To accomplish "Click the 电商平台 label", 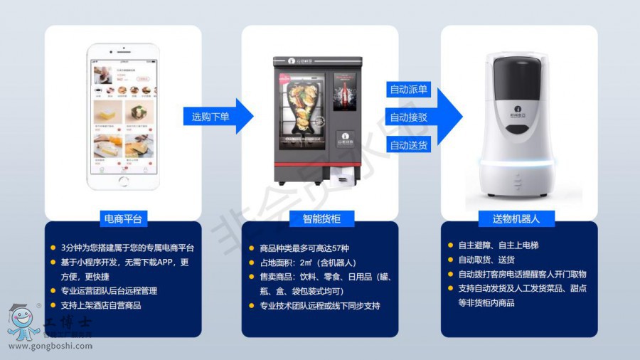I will click(x=123, y=219).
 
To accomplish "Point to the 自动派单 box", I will click(x=408, y=90).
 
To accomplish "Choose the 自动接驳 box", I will click(x=408, y=117).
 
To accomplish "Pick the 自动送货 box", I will click(x=408, y=144).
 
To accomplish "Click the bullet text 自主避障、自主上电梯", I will click(x=498, y=245).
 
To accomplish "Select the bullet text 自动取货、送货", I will click(x=487, y=260).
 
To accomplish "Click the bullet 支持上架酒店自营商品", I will click(x=100, y=305).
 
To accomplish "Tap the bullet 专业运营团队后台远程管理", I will click(x=108, y=291).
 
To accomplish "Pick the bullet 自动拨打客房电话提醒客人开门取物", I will click(x=522, y=274).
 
